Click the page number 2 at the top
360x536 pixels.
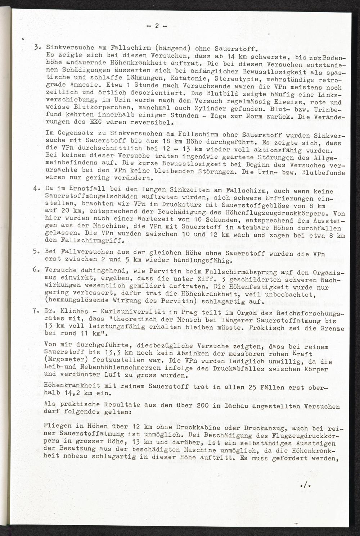point(157,26)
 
